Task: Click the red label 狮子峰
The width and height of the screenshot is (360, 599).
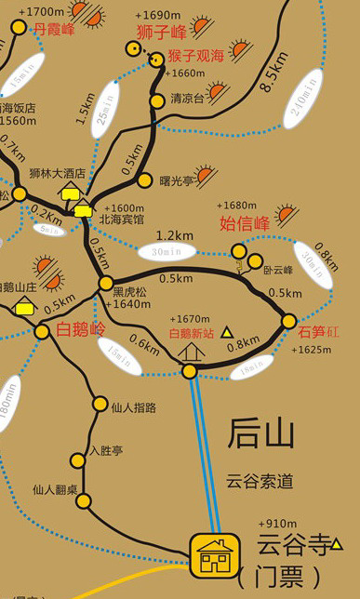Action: [162, 33]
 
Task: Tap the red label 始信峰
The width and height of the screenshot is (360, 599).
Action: [244, 223]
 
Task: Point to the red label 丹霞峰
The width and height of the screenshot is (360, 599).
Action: [53, 29]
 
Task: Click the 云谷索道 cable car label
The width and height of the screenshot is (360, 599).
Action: [260, 482]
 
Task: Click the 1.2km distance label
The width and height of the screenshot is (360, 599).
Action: [174, 235]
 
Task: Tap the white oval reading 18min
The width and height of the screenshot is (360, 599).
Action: [251, 369]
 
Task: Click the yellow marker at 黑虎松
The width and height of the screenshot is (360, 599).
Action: [106, 283]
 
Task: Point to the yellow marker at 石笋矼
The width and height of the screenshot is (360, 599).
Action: [288, 321]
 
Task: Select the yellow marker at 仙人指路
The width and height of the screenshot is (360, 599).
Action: [100, 404]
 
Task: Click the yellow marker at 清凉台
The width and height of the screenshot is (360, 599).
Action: [157, 100]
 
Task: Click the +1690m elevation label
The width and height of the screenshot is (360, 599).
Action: [157, 16]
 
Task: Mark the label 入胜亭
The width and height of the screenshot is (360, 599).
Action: [105, 451]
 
